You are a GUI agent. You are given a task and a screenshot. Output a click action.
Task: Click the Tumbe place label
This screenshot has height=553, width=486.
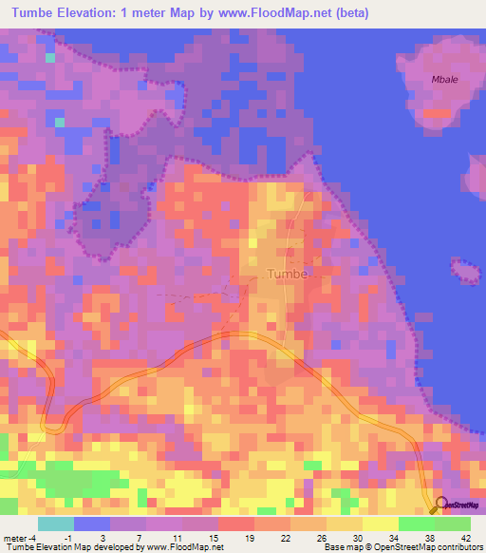pyautogui.click(x=288, y=275)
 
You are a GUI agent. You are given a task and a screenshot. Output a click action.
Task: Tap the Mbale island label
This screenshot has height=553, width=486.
pyautogui.click(x=444, y=80)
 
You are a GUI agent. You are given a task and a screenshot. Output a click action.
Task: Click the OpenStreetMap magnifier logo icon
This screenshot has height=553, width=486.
pyautogui.click(x=439, y=505)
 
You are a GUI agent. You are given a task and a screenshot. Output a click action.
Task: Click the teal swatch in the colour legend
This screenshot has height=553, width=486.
pyautogui.click(x=57, y=524)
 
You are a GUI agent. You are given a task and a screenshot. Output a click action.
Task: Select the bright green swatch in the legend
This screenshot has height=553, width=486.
pyautogui.click(x=416, y=524)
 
